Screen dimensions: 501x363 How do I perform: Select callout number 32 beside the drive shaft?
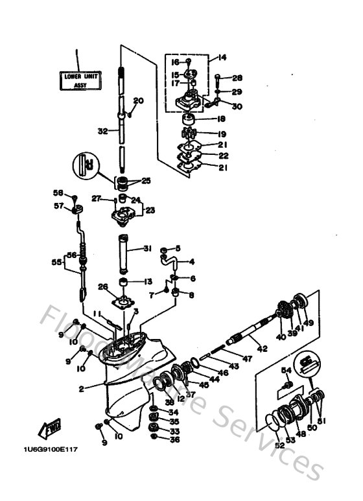click(x=102, y=131)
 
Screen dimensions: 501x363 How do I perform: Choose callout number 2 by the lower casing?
click(x=81, y=389)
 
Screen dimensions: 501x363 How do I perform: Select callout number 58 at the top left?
click(x=57, y=193)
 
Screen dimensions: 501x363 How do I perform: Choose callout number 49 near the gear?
click(x=309, y=323)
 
